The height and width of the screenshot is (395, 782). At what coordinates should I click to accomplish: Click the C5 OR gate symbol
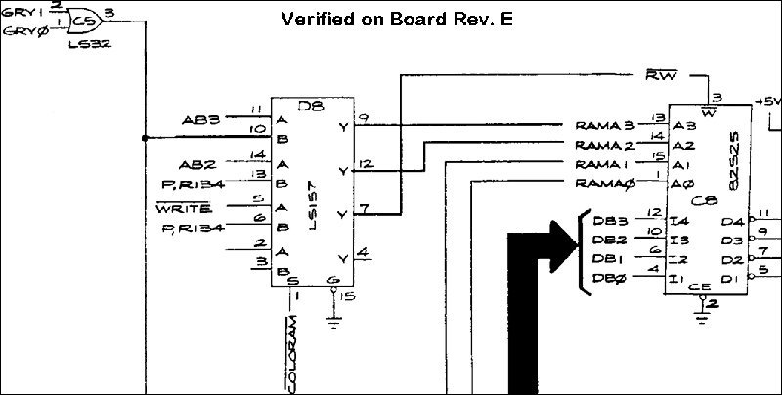click(x=86, y=20)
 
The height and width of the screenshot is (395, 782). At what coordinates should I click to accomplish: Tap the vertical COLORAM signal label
click(x=292, y=345)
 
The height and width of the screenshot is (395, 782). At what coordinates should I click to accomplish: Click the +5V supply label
click(x=768, y=102)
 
